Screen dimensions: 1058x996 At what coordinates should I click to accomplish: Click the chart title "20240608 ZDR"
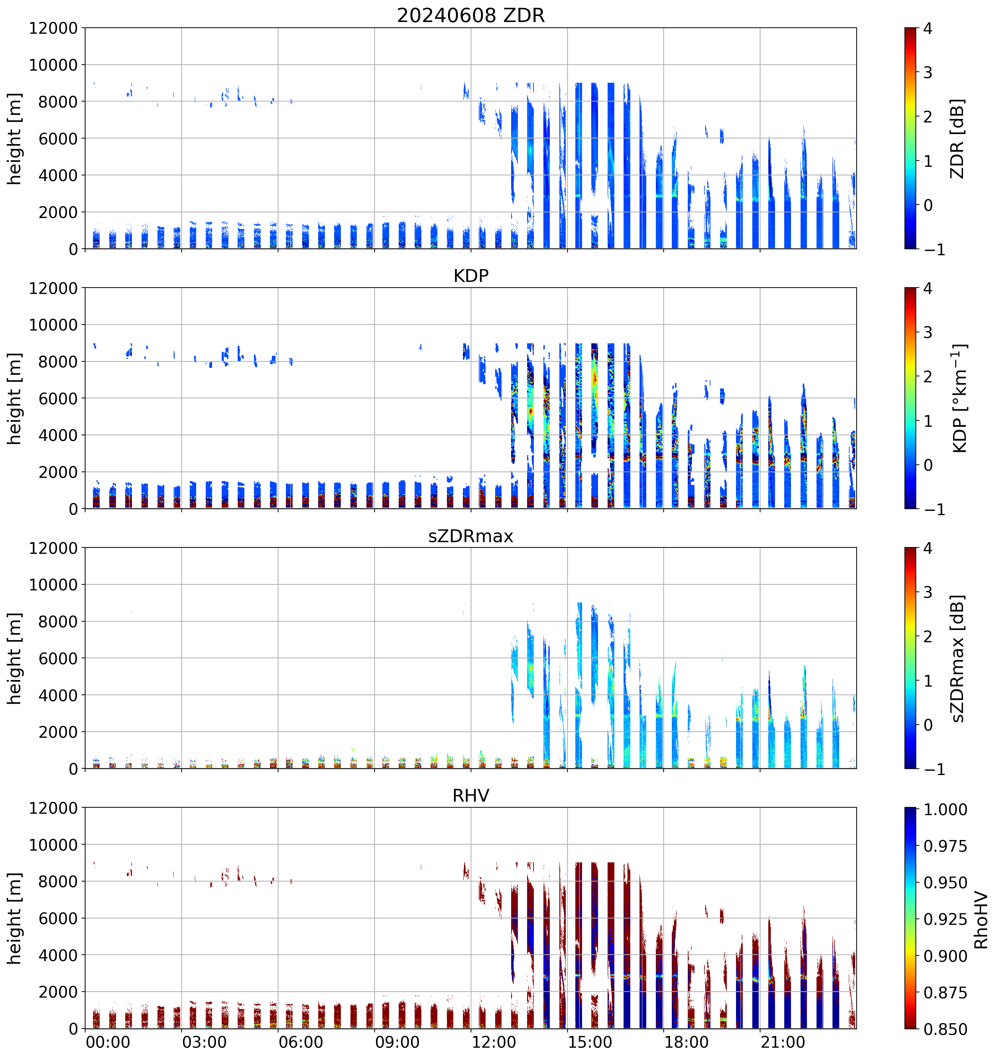[x=471, y=15]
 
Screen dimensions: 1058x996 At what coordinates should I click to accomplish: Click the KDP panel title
[x=471, y=276]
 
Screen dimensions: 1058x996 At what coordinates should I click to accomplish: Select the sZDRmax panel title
[x=471, y=536]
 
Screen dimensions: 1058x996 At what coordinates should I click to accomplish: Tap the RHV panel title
[x=471, y=796]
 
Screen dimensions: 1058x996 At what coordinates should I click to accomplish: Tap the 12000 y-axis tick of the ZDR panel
[x=53, y=28]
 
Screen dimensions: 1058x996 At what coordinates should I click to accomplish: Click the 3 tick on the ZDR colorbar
[x=928, y=72]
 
